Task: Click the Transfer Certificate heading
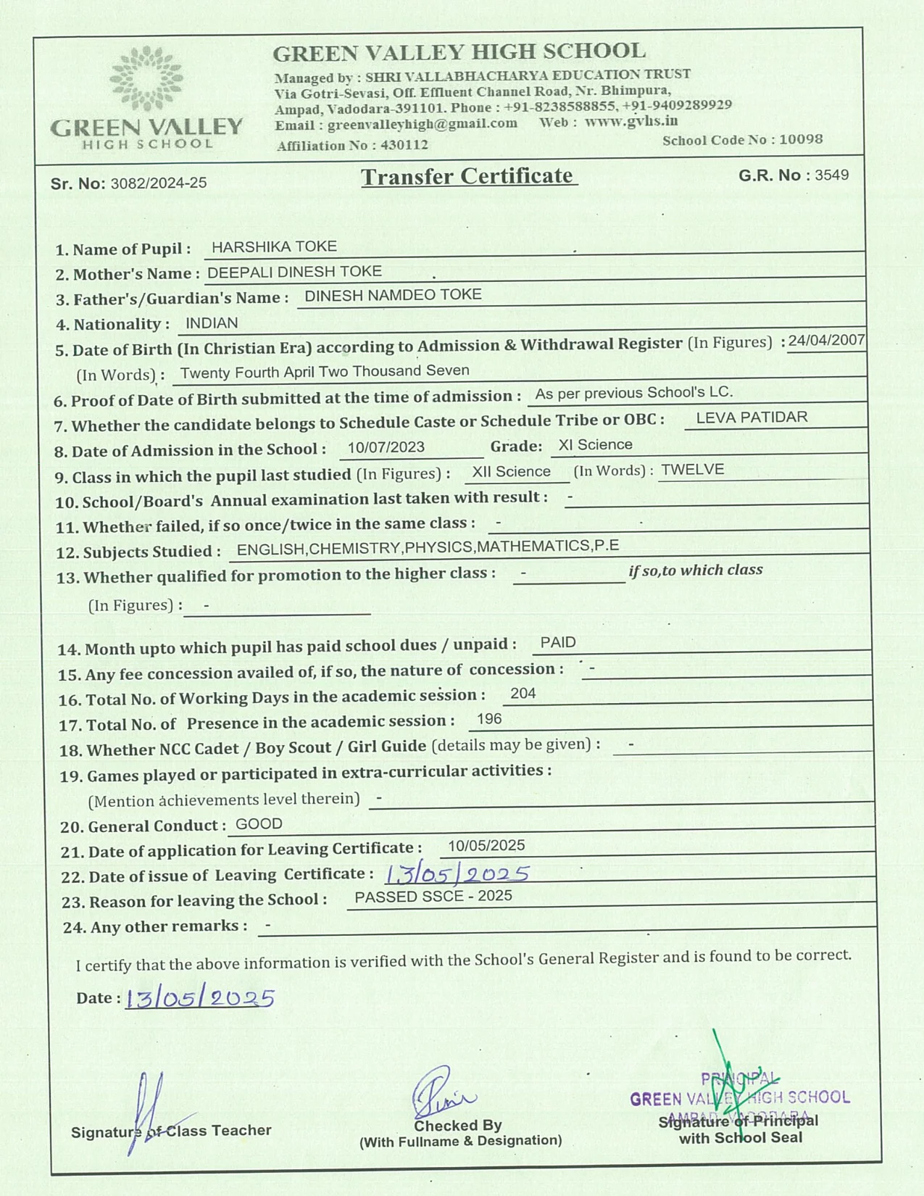468,176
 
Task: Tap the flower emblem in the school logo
146,78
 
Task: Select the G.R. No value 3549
831,175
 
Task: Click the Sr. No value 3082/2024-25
159,183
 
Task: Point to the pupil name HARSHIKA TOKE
274,246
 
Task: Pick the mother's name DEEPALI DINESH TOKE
294,272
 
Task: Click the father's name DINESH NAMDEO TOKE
393,295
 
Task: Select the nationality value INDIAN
212,323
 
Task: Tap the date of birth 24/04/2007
826,340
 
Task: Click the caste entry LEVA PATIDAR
752,418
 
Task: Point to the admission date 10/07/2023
386,447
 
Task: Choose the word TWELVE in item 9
693,470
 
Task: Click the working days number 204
523,694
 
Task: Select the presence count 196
489,719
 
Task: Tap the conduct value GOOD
259,824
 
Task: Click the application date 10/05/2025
486,846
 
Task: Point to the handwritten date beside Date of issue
457,874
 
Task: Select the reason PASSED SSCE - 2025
433,897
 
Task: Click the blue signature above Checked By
441,1092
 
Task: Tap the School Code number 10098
801,139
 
